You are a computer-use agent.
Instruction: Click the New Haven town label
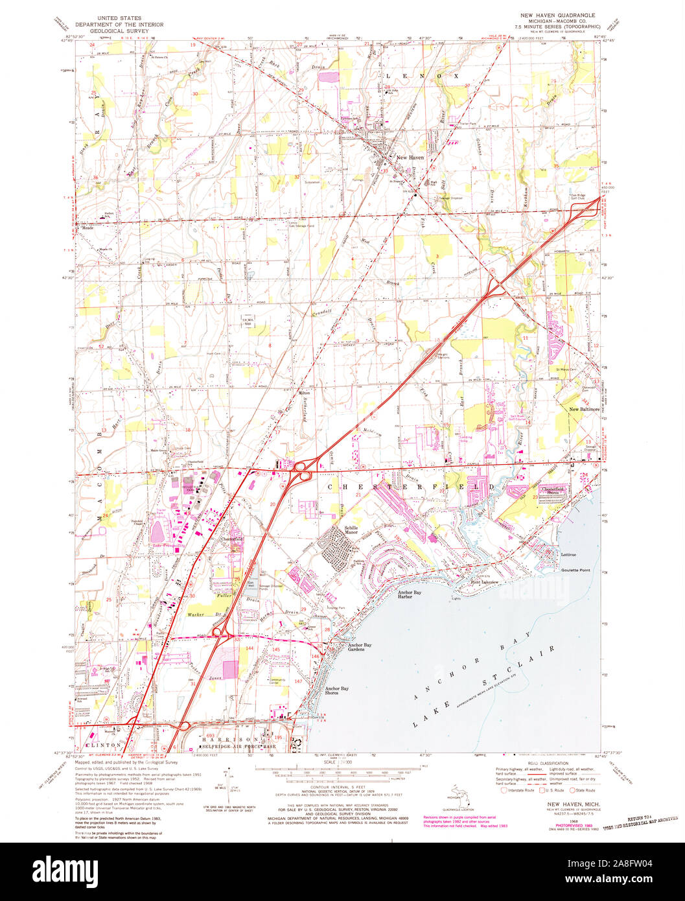(x=410, y=158)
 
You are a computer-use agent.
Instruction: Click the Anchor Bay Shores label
(x=337, y=691)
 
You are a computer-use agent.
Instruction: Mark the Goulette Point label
(x=575, y=570)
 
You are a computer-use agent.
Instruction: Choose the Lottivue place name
(x=568, y=555)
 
